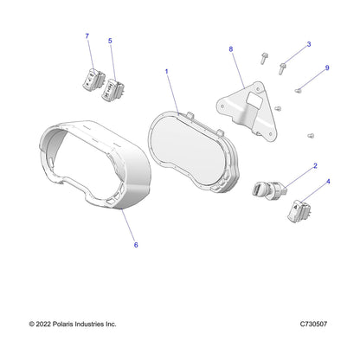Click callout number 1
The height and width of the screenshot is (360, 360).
[166, 71]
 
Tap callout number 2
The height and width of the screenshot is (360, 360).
[315, 166]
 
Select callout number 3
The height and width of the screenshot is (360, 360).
[309, 44]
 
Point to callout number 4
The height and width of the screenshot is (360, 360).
[328, 182]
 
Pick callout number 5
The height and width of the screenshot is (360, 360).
[110, 41]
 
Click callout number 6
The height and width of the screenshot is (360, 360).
[136, 245]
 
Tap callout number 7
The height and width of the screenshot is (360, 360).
[87, 36]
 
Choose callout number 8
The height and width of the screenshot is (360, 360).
[231, 49]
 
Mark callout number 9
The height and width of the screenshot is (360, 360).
[327, 67]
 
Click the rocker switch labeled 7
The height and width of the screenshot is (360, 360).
[93, 78]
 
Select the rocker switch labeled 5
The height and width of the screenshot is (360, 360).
[112, 90]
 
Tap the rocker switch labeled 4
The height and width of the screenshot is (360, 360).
[299, 211]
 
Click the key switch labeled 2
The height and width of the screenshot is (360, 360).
[268, 190]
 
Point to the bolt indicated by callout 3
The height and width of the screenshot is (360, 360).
[282, 68]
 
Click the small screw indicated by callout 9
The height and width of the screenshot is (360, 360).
[298, 91]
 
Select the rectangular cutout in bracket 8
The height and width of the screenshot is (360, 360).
[254, 99]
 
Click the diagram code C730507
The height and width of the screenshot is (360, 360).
[313, 324]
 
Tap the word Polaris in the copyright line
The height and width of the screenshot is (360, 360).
[62, 324]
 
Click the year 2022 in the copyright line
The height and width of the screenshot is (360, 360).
[43, 324]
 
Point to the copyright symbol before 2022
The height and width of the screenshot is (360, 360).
[32, 325]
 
